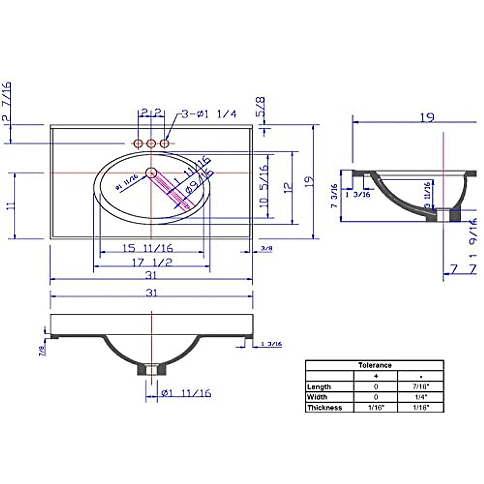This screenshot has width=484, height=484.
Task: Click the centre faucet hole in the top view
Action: coord(151,143)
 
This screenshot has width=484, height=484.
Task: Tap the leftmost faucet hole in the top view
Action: coord(138,143)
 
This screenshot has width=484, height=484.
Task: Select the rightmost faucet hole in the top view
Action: coord(165,143)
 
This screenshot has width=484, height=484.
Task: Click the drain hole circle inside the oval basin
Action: coord(151,173)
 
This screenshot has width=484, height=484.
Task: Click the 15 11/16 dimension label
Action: coord(148,248)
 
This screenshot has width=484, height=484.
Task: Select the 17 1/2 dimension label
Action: coord(152,263)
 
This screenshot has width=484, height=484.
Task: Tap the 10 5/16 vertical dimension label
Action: coord(264,186)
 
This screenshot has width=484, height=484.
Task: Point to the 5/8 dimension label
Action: coord(261,106)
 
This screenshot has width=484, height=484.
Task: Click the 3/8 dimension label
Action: coord(267,249)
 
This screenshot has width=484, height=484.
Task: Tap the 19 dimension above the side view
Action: coord(427,117)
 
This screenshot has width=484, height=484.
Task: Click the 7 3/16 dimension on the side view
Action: coord(334,196)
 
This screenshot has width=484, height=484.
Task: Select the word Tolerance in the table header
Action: coord(375,365)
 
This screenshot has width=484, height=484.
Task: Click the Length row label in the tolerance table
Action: coord(319,387)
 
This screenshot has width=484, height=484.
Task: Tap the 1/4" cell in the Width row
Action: coord(420,397)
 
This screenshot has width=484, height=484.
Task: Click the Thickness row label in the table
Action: coord(324,407)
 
